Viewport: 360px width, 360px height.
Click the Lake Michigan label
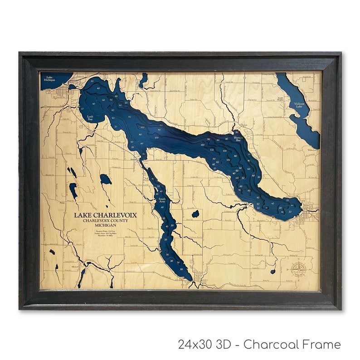[x=49, y=78]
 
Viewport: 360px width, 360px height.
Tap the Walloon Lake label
[x=299, y=106]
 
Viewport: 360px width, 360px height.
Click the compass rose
[x=298, y=271]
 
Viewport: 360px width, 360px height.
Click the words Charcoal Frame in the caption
[x=292, y=345]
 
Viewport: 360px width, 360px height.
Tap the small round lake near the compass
[x=273, y=272]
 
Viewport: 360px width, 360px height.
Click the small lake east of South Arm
[x=195, y=213]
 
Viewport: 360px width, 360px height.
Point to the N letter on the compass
[x=298, y=263]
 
